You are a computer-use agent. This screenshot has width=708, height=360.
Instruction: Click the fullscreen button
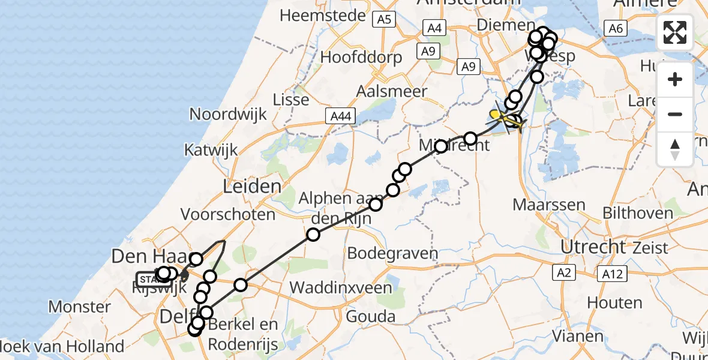click(x=675, y=32)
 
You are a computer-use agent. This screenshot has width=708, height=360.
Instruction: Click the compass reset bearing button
click(x=675, y=149)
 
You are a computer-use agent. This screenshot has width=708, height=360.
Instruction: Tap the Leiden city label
click(x=252, y=186)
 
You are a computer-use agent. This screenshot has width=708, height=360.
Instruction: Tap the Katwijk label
click(x=211, y=149)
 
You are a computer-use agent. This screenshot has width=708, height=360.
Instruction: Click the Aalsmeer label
click(x=392, y=92)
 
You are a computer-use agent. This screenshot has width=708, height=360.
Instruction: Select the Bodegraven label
click(x=393, y=253)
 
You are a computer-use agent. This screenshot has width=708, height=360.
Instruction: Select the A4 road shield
click(x=434, y=28)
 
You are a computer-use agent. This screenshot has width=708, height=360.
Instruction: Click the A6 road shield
click(x=614, y=28)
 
